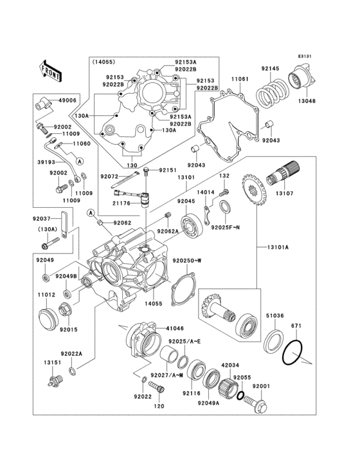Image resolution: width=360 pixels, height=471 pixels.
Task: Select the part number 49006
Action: point(67,100)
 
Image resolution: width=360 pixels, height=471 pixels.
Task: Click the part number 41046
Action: point(166,328)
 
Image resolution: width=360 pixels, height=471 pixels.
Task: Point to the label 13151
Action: point(53,363)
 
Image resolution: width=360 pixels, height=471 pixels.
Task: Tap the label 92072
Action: point(109,176)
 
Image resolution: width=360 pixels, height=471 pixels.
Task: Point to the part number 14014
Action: point(206,192)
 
